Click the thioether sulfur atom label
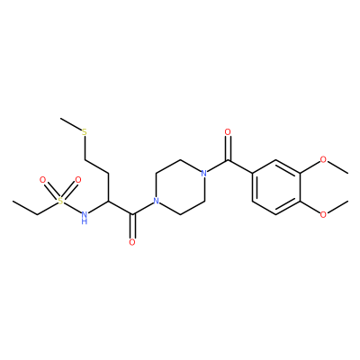(85, 131)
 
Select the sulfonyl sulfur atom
(60, 201)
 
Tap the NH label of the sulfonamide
(85, 217)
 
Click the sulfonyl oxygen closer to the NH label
(78, 180)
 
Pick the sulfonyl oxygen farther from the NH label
(43, 180)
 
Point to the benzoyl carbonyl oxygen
(228, 131)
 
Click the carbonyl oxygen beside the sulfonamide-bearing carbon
(132, 242)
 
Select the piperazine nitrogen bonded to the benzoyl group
(204, 174)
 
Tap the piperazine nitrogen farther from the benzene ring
(156, 201)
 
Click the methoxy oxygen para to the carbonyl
(323, 214)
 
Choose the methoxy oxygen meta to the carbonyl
(323, 159)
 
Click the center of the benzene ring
(275, 187)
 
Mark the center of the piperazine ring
(180, 187)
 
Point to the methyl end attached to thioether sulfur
(60, 118)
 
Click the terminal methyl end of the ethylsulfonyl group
(13, 201)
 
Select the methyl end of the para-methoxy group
(347, 201)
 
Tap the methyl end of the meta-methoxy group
(347, 173)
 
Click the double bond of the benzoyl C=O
(228, 148)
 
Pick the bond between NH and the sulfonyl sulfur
(72, 207)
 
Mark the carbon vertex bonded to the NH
(108, 201)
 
